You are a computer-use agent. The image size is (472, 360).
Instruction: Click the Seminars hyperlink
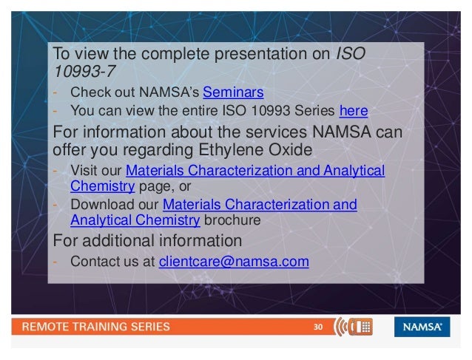tap(232, 93)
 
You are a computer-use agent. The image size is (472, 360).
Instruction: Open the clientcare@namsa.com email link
tap(234, 262)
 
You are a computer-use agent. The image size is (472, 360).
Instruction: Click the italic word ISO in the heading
tap(350, 54)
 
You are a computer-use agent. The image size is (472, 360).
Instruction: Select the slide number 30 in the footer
tap(319, 327)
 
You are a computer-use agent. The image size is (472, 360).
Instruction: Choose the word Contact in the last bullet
tap(92, 262)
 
